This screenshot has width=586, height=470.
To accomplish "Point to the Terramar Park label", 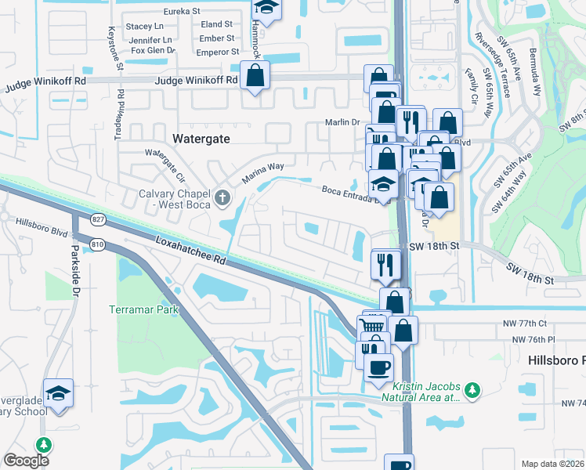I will [144, 309].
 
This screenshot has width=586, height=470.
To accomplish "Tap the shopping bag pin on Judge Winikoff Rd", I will [255, 76].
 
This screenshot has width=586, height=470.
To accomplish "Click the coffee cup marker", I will [379, 367].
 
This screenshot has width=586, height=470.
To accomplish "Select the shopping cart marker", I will [371, 325].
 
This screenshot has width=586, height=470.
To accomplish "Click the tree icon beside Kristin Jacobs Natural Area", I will [471, 389].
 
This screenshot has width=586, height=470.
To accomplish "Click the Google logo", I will [26, 461].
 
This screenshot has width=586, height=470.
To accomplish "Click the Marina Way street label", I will [262, 172].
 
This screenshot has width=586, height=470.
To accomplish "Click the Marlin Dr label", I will [342, 122].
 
